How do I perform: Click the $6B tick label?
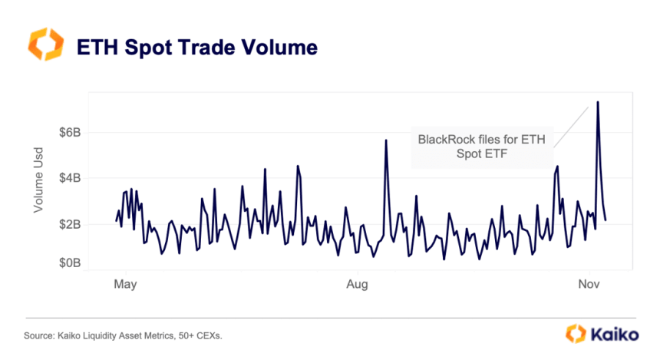point(69,132)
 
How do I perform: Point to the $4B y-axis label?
point(69,178)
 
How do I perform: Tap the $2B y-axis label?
point(69,224)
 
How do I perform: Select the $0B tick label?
point(69,263)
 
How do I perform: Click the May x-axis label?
point(124,284)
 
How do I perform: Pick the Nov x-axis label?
point(589,284)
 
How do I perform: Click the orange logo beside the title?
point(44,44)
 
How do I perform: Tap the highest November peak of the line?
point(597,101)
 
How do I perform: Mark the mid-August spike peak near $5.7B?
point(386,140)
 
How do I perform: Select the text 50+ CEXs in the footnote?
point(204,335)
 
